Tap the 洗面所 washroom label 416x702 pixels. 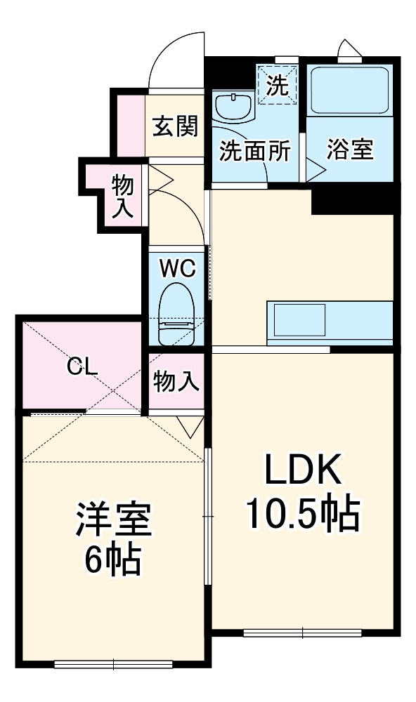tap(254, 152)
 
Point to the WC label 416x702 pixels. tap(176, 267)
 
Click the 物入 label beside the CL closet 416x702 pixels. tap(176, 382)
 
